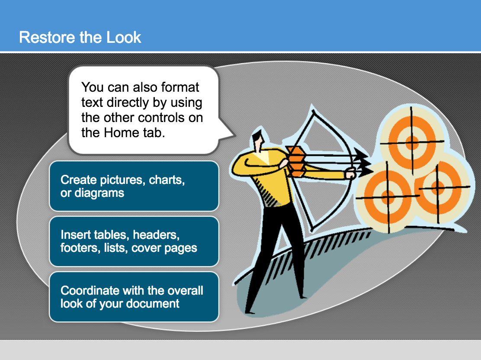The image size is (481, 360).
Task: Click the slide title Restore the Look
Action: pos(80,38)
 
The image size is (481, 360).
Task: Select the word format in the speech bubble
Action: pos(180,87)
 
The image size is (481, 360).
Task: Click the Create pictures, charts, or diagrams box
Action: pos(134,186)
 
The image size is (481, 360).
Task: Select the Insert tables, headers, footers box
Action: pos(134,241)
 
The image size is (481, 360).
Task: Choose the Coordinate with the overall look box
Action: pos(134,297)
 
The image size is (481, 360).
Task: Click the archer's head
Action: pos(258,140)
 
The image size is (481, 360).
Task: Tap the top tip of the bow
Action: pos(313,110)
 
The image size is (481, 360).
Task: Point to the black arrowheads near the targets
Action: pos(363,162)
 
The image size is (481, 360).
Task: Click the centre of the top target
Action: pos(412,142)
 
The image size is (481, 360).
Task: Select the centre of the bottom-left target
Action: pos(388,196)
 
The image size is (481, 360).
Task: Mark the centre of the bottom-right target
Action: pos(438,187)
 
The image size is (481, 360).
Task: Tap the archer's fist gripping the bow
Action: pos(350,174)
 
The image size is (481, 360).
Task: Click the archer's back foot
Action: pos(250,312)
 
